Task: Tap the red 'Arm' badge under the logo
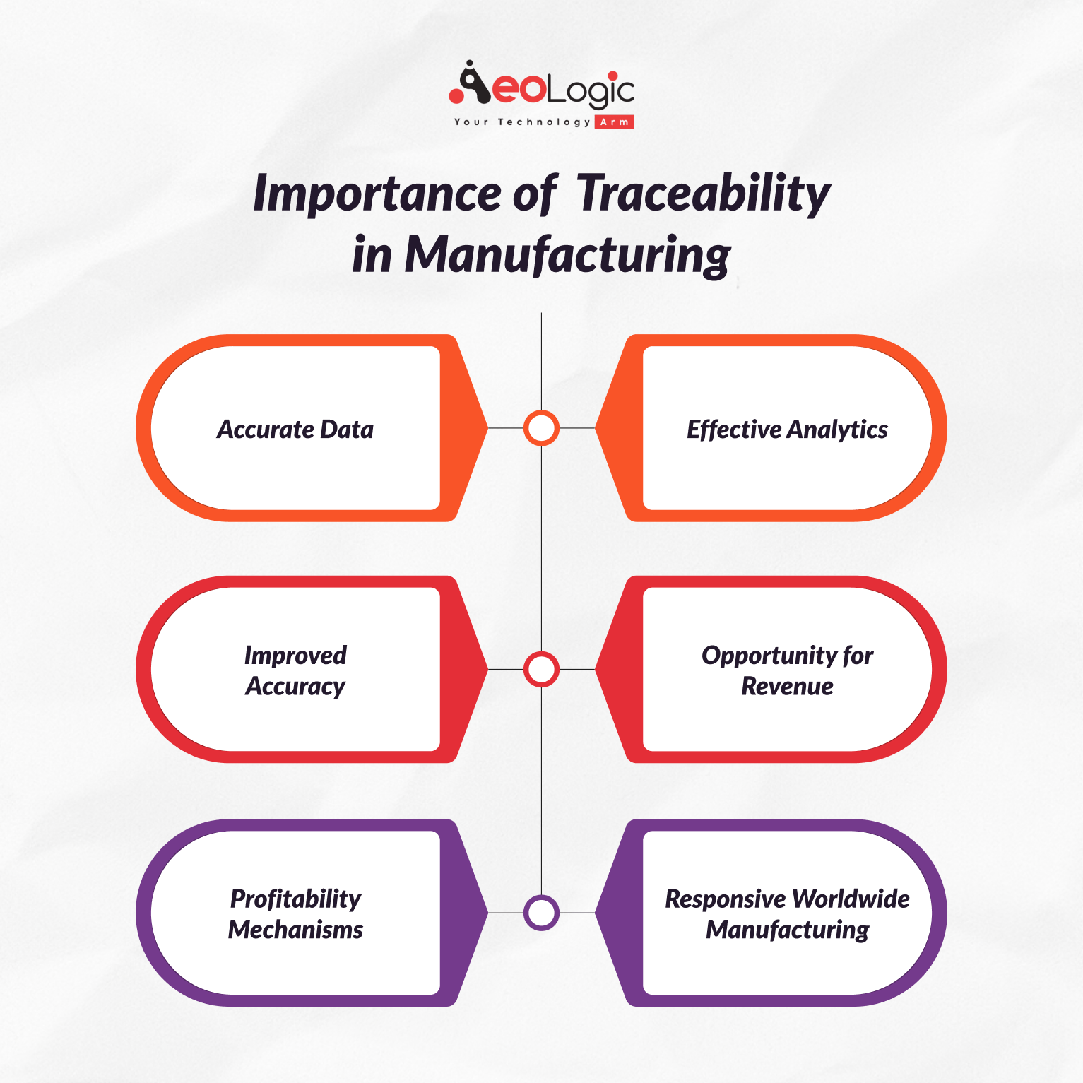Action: pos(614,122)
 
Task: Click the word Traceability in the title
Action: pos(704,194)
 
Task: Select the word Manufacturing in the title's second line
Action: pos(567,254)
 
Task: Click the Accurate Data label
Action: pos(295,430)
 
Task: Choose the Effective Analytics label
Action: pos(787,430)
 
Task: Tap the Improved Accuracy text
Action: pos(295,670)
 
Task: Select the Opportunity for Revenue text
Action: pos(787,670)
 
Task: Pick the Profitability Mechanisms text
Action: pos(295,913)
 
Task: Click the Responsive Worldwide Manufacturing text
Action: pos(787,913)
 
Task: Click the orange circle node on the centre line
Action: pos(541,428)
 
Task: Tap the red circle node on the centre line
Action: pos(541,670)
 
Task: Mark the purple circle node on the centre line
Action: pos(541,913)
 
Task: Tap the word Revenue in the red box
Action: pos(787,686)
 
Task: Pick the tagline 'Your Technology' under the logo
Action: pos(522,122)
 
